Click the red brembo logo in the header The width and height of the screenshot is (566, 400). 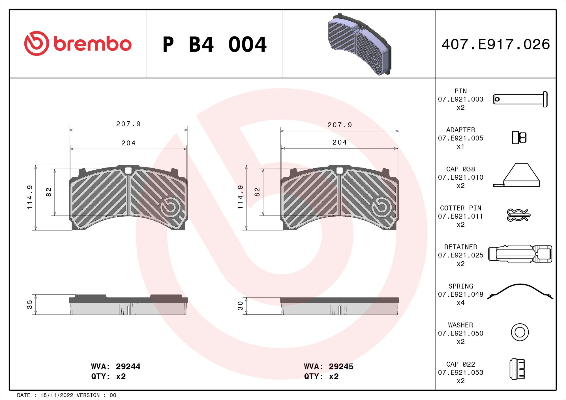(78, 44)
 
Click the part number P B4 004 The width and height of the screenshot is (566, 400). (214, 45)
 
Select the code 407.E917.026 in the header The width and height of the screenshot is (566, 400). (496, 44)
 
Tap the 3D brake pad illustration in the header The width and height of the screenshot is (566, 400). (360, 44)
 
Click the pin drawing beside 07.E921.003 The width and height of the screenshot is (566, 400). (520, 99)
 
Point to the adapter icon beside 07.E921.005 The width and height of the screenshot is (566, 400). (519, 137)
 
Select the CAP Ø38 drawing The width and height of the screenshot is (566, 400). (517, 176)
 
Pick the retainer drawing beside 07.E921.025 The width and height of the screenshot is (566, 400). (520, 254)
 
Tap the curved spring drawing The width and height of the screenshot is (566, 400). (520, 291)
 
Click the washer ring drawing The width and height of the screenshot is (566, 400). (520, 332)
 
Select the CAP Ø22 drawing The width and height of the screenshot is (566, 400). (517, 369)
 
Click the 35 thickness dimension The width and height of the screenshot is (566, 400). (29, 304)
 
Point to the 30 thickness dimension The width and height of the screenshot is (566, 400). (240, 306)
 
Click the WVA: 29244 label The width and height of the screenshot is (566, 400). (115, 367)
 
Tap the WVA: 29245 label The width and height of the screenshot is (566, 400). (329, 367)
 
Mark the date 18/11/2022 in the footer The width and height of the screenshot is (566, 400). (57, 395)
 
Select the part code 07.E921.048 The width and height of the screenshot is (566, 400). (460, 294)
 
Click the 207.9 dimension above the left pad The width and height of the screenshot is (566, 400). (128, 124)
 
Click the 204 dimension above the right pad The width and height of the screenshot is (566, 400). (340, 142)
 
